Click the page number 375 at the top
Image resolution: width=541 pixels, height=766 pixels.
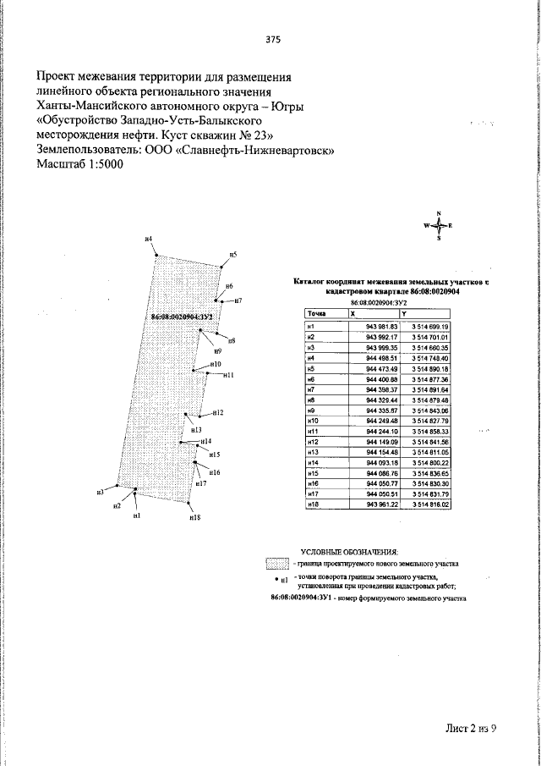coord(272,40)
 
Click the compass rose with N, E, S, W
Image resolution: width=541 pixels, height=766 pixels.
coord(438,226)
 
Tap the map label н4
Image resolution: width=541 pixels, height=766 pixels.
coord(148,240)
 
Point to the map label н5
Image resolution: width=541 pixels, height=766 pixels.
coord(233,254)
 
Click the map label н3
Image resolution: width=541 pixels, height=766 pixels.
coord(99,492)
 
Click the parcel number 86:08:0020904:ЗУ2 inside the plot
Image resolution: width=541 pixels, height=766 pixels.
coord(181,317)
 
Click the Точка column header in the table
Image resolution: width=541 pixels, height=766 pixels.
coord(319,314)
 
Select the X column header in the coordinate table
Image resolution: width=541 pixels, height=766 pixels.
coord(354,314)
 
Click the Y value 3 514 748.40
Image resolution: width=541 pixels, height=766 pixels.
coord(430,358)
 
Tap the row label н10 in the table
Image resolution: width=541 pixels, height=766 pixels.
coord(312,421)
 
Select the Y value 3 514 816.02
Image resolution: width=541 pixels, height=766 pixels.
coord(430,504)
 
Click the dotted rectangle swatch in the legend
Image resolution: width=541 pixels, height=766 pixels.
coord(277,563)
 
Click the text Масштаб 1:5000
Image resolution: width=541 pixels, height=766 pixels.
coord(80,165)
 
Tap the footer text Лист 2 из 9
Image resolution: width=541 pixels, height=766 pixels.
coord(471,726)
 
